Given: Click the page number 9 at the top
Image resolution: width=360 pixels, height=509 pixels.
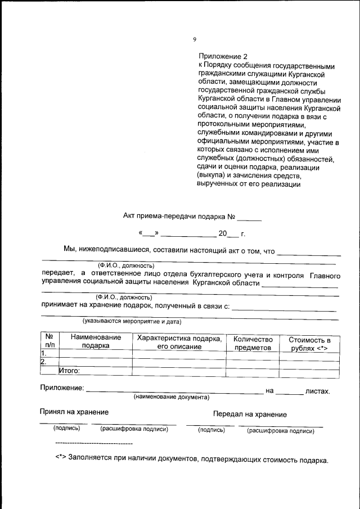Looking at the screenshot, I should (x=195, y=39).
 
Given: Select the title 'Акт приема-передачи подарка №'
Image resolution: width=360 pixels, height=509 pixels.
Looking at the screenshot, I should (x=178, y=216).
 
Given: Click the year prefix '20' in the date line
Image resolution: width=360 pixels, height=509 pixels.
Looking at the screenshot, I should (x=222, y=233).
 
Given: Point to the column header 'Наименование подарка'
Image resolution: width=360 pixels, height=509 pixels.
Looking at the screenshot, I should (x=95, y=342).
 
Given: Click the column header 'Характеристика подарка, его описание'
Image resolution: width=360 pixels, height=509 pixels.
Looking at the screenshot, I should (x=179, y=342).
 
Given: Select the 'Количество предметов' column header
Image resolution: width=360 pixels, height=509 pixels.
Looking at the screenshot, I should (x=253, y=343).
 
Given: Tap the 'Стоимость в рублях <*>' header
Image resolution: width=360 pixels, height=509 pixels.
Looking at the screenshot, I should (x=309, y=344).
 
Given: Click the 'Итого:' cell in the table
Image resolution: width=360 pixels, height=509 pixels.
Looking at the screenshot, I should (x=69, y=371).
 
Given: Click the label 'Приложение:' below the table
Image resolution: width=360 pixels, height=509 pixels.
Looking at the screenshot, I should (x=62, y=388).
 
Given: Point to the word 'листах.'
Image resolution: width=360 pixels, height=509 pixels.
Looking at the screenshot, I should (x=317, y=390).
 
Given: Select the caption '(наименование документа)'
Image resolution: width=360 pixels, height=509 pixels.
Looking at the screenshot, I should (x=171, y=397).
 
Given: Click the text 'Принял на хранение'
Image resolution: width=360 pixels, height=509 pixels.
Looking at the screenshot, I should (x=74, y=412).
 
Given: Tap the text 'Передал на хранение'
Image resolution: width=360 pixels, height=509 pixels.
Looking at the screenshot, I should (x=250, y=414).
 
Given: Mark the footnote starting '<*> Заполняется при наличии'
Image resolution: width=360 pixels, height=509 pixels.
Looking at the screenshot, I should (x=191, y=460).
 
